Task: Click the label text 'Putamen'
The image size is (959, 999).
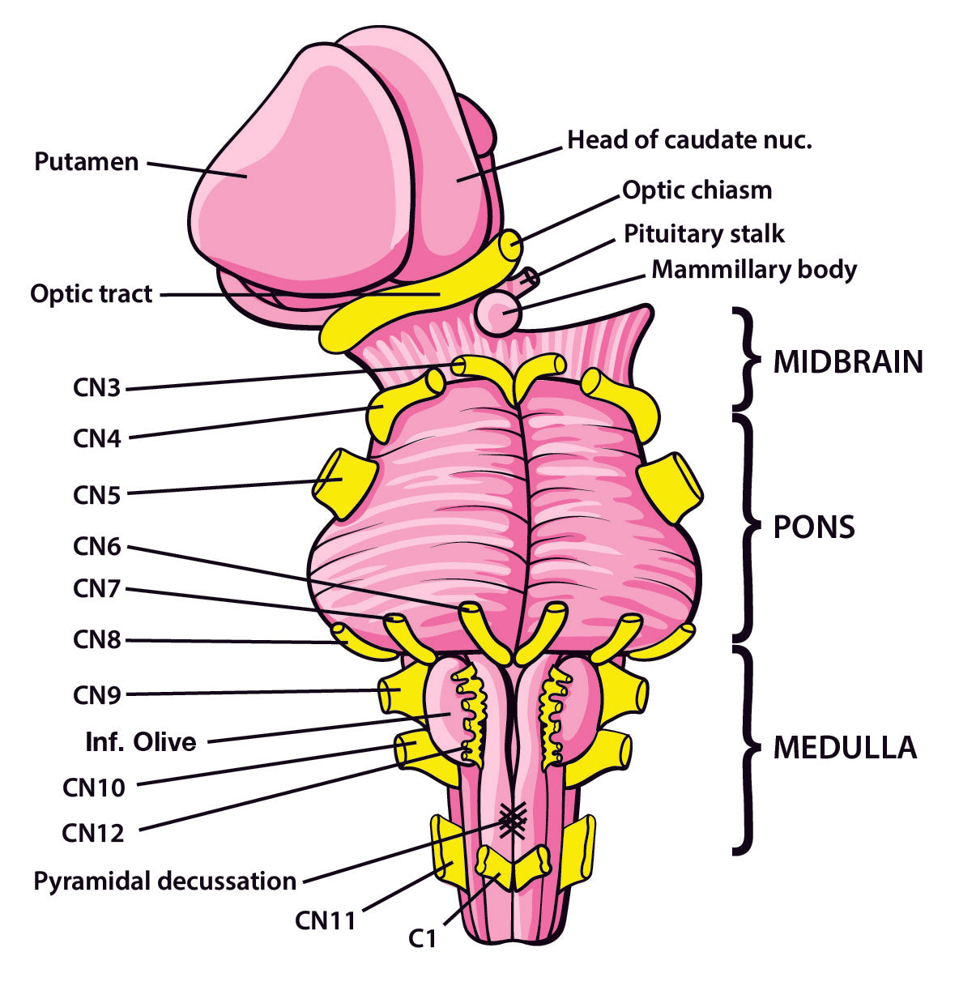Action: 86,161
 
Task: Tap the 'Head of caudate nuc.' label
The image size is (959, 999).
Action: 688,140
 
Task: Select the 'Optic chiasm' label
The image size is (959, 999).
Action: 697,190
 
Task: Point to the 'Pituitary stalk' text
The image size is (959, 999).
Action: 704,234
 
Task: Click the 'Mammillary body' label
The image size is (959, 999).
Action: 753,269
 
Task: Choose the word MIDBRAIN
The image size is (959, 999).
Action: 848,362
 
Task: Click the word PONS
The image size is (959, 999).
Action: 814,527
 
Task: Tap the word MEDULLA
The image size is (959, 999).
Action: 845,747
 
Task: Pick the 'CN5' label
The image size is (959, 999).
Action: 97,494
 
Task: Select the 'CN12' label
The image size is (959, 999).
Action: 93,832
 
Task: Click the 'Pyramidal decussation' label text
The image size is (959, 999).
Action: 164,881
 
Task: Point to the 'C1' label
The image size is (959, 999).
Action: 422,939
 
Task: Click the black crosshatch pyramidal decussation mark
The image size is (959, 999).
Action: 511,822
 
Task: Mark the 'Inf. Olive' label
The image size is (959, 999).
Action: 141,741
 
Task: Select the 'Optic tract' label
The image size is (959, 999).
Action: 91,293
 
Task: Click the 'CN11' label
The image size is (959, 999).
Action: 325,920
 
